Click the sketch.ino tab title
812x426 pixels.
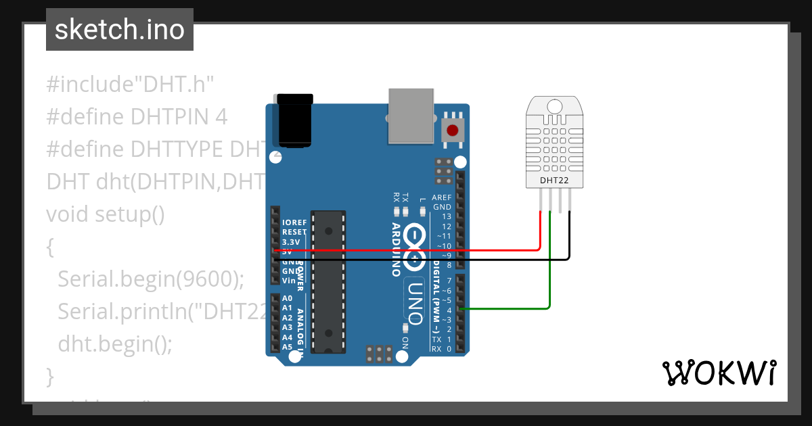(x=119, y=30)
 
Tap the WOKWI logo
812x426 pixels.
(x=719, y=373)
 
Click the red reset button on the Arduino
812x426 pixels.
(x=451, y=131)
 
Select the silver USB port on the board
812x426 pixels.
(x=411, y=116)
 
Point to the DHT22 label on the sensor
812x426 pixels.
(x=554, y=181)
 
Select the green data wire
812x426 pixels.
(x=549, y=270)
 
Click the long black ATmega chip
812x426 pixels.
(x=328, y=281)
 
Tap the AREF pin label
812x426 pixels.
(x=442, y=197)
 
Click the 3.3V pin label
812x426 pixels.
(x=291, y=242)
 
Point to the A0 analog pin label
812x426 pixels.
(x=287, y=298)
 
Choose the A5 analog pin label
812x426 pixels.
(x=287, y=347)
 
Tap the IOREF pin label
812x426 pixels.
(x=294, y=222)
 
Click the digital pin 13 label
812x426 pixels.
(x=446, y=216)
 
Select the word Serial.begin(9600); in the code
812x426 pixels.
(x=150, y=279)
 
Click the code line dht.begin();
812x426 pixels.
(x=115, y=343)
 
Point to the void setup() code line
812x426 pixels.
(x=105, y=214)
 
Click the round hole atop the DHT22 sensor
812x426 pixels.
(x=554, y=105)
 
